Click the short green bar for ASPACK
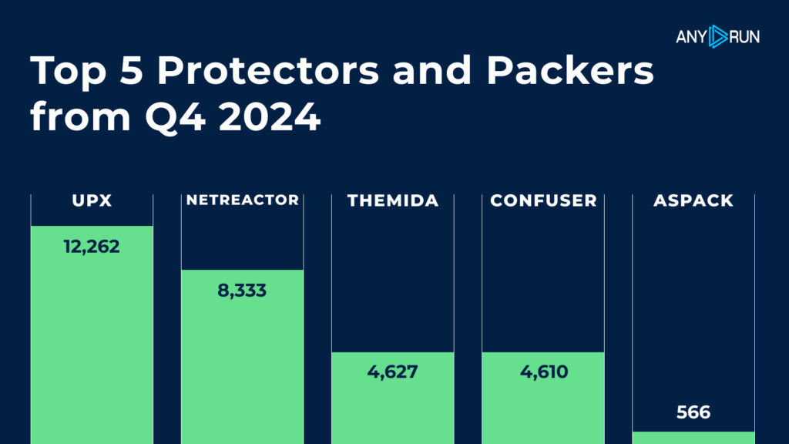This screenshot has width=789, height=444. (x=693, y=437)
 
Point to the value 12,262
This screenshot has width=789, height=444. (x=92, y=247)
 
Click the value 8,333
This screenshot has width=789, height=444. (x=242, y=291)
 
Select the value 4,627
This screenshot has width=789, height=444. (x=392, y=372)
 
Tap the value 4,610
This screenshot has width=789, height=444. (x=543, y=372)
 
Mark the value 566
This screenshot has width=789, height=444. (x=693, y=412)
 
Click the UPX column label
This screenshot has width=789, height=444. (x=92, y=201)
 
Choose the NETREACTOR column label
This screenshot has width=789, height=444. (x=242, y=200)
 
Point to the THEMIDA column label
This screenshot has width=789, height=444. (x=392, y=201)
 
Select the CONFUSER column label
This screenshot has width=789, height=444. (x=543, y=201)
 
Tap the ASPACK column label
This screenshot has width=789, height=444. (x=693, y=201)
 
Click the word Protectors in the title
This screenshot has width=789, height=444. (x=268, y=72)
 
